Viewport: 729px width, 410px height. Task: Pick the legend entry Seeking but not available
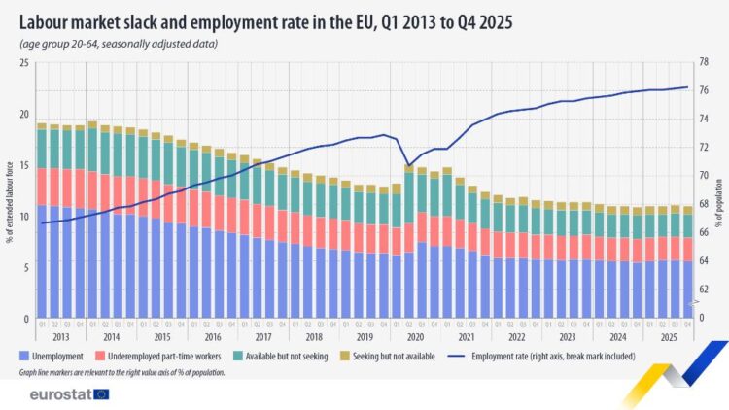tap(393, 357)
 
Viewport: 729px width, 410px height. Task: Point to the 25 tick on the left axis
tap(26, 63)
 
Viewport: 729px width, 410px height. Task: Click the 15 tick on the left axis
tap(26, 165)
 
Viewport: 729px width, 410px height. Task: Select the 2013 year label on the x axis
tap(60, 336)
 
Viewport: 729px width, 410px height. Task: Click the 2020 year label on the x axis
tap(415, 336)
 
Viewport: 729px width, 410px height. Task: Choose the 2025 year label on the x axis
tap(668, 336)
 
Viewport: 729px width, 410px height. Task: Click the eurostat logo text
tap(60, 394)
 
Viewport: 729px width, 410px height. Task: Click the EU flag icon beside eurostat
tap(100, 394)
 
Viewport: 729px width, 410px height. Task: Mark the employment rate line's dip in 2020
tap(409, 164)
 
